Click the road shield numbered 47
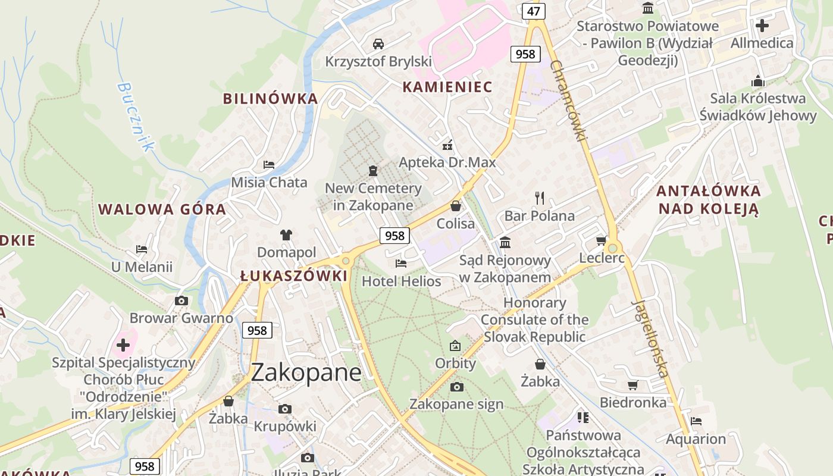[x=533, y=11]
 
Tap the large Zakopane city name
[x=306, y=372]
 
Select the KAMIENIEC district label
[x=447, y=87]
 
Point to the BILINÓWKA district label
[x=271, y=99]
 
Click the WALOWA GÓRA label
[x=162, y=209]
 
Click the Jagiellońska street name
[x=650, y=339]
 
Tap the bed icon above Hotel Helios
[x=401, y=264]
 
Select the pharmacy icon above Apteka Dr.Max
[x=447, y=145]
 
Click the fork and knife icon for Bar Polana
[x=540, y=198]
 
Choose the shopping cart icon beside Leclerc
[x=601, y=241]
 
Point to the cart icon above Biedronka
[x=633, y=385]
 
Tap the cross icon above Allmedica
[x=762, y=26]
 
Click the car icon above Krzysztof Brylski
[x=378, y=43]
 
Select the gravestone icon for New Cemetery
[x=373, y=171]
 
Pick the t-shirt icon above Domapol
[x=286, y=235]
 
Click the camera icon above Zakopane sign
[x=456, y=387]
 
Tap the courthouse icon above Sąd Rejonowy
[x=505, y=242]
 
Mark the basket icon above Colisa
[x=456, y=206]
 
